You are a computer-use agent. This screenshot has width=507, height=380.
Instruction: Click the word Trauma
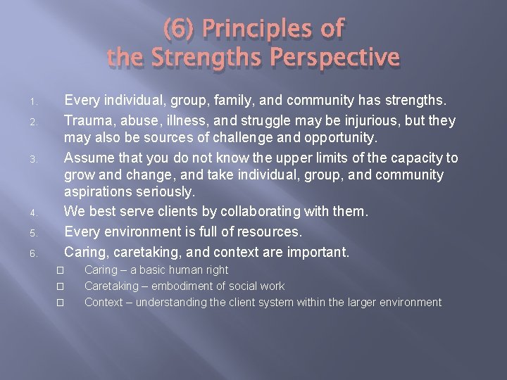coord(87,120)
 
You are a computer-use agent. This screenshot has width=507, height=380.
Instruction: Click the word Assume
coord(88,158)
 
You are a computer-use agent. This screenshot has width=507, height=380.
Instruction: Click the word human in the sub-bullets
coord(180,270)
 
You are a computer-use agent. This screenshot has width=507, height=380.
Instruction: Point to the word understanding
coord(168,303)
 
